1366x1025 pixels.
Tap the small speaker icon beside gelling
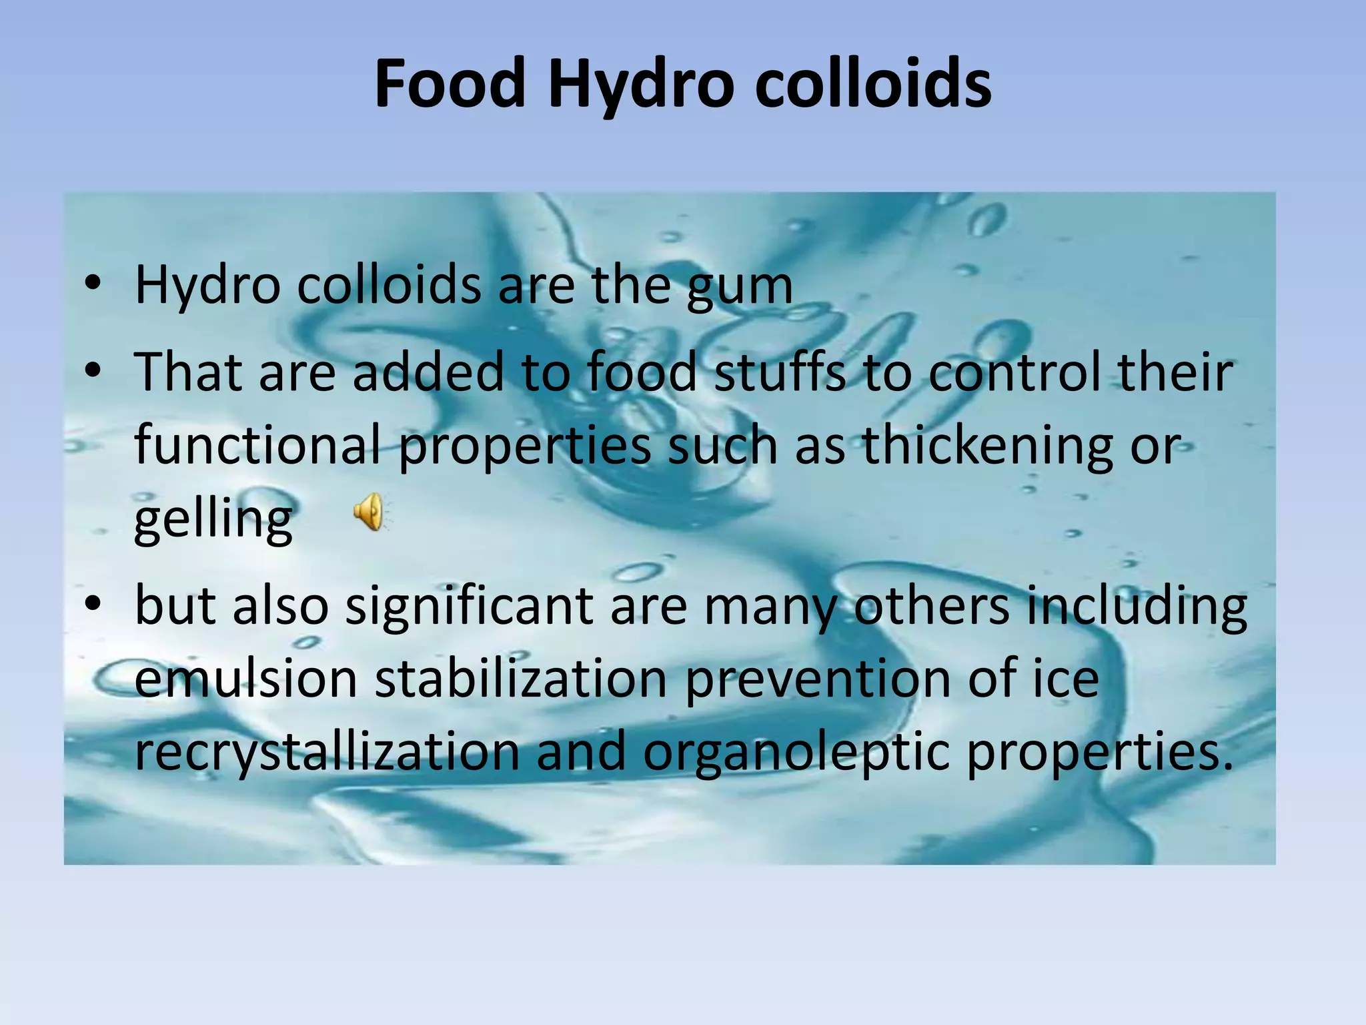point(369,512)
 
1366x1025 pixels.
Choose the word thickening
point(987,445)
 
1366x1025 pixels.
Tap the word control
point(1014,372)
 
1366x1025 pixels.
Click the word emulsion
point(246,679)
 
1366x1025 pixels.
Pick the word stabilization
point(521,679)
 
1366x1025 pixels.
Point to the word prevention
point(818,679)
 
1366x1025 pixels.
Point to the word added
point(428,372)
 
